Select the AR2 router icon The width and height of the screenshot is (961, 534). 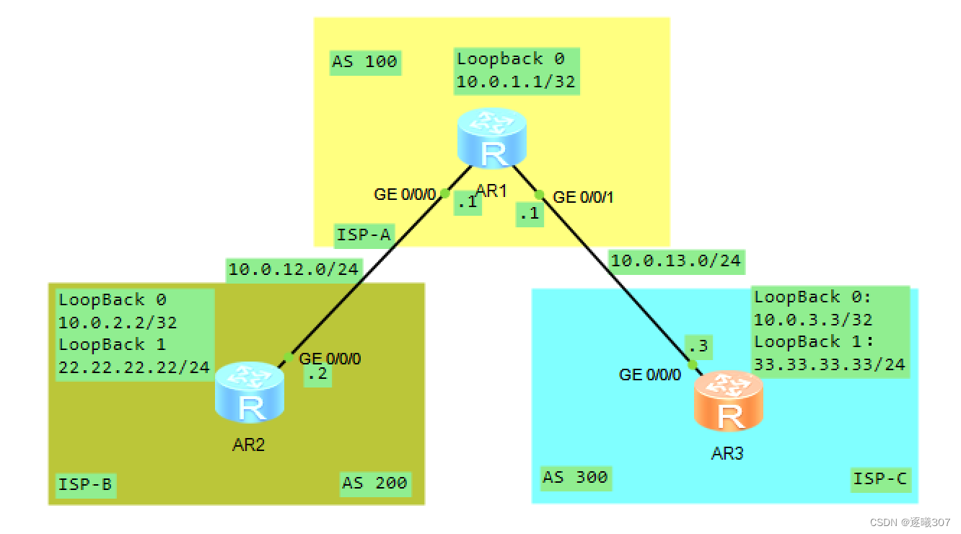(x=249, y=393)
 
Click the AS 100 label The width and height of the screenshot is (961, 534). (x=364, y=62)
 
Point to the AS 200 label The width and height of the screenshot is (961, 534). (x=374, y=483)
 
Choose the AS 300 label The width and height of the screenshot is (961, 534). (x=574, y=477)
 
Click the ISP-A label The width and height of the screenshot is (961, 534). (x=364, y=234)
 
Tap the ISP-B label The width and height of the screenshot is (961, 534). (x=84, y=484)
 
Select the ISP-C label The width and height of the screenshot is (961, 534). (x=879, y=478)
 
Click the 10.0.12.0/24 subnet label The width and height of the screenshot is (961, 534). (x=293, y=270)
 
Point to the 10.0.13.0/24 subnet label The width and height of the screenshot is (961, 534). (x=675, y=261)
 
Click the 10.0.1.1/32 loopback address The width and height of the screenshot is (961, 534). (x=516, y=82)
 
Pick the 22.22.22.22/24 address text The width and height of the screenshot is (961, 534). (x=134, y=367)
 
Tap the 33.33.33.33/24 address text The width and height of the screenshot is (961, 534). (x=829, y=364)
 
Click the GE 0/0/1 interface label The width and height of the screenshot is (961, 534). (x=583, y=197)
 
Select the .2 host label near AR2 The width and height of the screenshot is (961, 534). (x=317, y=375)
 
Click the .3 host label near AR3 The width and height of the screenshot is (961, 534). (x=698, y=348)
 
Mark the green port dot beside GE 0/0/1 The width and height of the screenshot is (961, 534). (x=539, y=194)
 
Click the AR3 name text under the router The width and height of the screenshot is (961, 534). (x=727, y=453)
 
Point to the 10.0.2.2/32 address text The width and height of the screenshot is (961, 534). (x=118, y=323)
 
